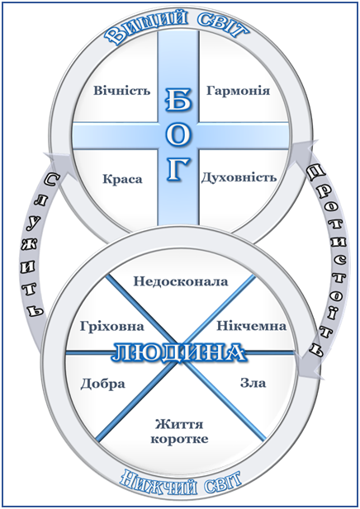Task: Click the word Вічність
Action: pos(122,90)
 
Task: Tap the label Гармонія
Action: pos(238,90)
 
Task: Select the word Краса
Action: pos(122,179)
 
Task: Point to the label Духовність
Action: pos(239,177)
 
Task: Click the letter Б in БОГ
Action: pos(178,101)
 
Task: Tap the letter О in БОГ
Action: pos(178,136)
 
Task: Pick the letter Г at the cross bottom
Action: pos(178,169)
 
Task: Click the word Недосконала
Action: pos(181,281)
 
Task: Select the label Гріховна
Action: pos(111,326)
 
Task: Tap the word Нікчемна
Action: pos(252,326)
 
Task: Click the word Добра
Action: pos(102,384)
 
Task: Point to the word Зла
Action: pos(253,383)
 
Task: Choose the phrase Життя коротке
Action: pos(179,431)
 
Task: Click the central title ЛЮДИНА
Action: pos(178,352)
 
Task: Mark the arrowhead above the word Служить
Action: pos(59,166)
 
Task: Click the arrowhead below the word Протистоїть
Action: pos(310,367)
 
